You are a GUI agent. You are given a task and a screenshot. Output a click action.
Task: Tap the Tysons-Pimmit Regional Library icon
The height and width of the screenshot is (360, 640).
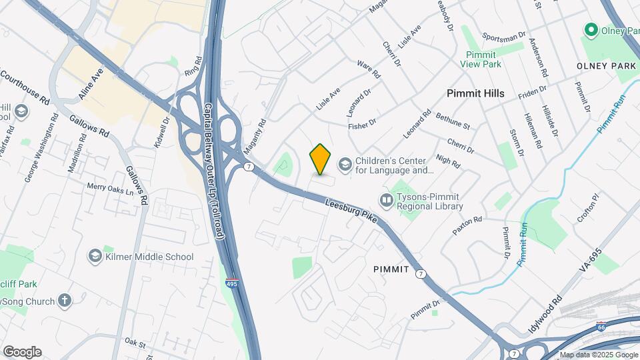[x=386, y=200]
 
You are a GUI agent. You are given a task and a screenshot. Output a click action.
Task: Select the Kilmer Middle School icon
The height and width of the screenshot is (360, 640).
[x=95, y=257]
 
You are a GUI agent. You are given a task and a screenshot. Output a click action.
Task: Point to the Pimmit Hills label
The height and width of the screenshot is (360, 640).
[x=475, y=93]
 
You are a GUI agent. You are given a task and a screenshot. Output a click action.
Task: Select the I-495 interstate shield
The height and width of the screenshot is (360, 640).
[x=231, y=283]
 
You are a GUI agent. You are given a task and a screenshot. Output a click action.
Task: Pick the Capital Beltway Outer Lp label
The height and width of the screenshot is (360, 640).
[x=213, y=171]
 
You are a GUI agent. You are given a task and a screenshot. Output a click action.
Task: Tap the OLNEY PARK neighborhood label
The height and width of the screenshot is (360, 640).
[x=606, y=67]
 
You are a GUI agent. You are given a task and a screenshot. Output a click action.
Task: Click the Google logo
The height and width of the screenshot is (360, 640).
[x=22, y=351]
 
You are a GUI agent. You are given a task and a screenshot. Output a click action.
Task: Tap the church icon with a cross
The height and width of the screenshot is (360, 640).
[x=65, y=301]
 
